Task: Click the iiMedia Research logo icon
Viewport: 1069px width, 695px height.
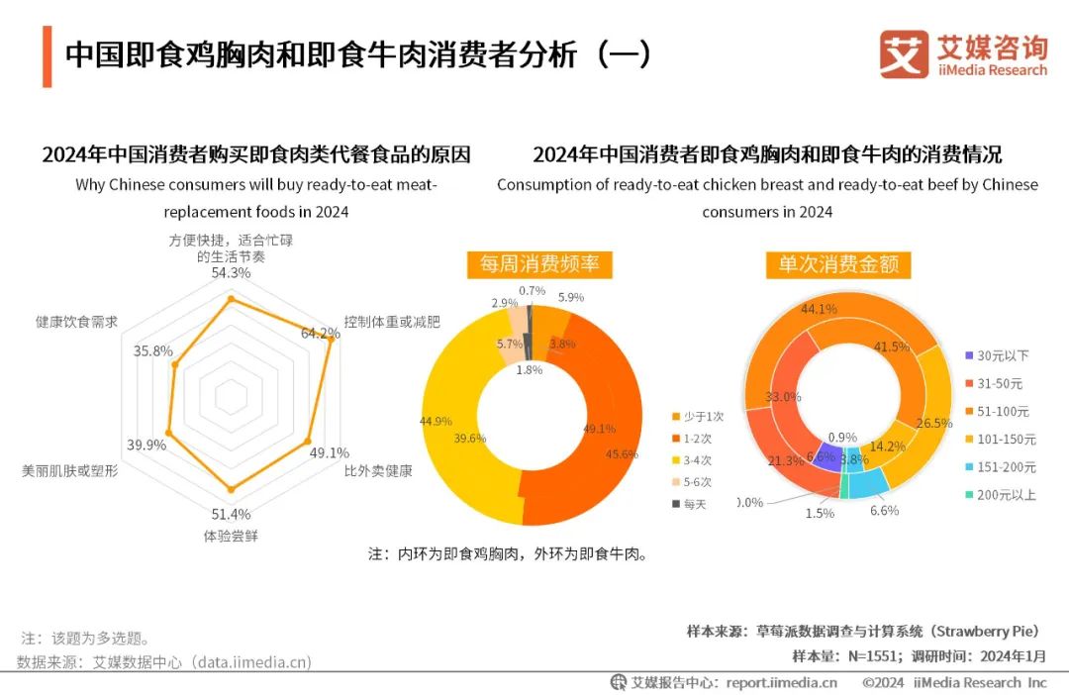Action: (x=903, y=54)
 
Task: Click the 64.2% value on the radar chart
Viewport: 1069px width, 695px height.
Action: (x=320, y=333)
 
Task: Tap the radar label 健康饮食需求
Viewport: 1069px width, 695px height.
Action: (x=76, y=322)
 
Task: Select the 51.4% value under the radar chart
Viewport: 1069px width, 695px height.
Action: (x=232, y=514)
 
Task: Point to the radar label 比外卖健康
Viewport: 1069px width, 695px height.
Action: (x=378, y=470)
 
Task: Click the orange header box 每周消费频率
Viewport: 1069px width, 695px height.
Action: (x=539, y=264)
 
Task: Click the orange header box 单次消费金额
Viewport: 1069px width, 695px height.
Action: (x=837, y=264)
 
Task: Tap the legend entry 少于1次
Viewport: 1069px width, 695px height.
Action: (x=704, y=417)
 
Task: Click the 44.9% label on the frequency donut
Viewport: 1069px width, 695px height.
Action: (x=436, y=421)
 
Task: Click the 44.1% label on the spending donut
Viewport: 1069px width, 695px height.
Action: (x=819, y=309)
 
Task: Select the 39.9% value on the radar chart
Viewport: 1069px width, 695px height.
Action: (x=146, y=445)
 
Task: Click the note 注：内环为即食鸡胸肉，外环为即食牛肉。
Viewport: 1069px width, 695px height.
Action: (x=508, y=554)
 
